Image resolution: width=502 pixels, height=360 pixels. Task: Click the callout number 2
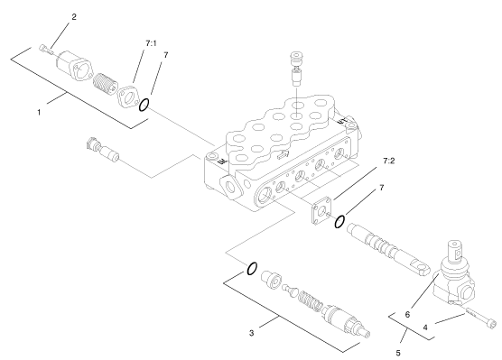74,17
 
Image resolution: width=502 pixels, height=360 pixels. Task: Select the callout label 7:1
151,43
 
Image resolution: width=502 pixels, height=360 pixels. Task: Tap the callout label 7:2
388,161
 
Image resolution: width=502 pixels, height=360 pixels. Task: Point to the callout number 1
39,112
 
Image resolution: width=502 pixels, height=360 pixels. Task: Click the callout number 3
252,333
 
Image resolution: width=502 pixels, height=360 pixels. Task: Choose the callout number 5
398,353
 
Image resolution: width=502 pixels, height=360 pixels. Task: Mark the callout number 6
407,315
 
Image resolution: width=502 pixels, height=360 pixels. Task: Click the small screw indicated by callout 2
46,50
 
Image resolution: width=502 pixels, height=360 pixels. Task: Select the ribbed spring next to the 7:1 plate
104,84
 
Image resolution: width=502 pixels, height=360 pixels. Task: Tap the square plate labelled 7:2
321,210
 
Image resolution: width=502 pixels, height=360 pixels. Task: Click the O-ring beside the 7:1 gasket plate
144,105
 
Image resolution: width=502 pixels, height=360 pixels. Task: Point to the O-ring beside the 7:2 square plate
339,221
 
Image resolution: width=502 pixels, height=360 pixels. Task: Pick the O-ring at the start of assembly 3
252,269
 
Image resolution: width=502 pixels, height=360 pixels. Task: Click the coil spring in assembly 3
311,300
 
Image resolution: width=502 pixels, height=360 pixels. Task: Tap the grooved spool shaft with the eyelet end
388,249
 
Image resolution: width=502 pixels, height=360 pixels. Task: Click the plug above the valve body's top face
297,69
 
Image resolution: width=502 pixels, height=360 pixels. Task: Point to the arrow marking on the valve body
284,155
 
